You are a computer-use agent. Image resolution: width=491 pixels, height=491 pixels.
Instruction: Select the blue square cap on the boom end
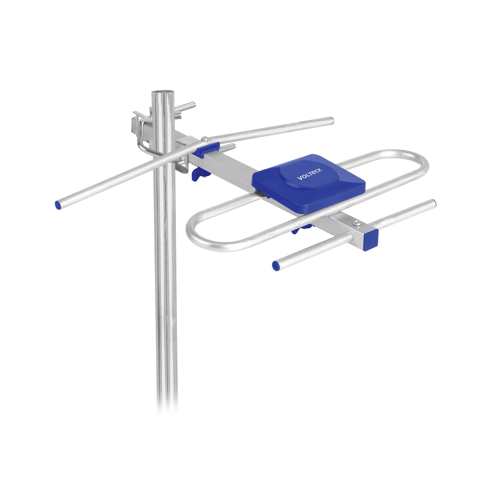point(371,240)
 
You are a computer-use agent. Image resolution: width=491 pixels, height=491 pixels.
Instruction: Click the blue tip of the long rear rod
point(58,205)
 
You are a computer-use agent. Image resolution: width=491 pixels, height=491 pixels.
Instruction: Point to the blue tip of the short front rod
point(276,266)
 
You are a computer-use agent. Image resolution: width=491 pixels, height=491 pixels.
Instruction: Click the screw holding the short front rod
point(356,223)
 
